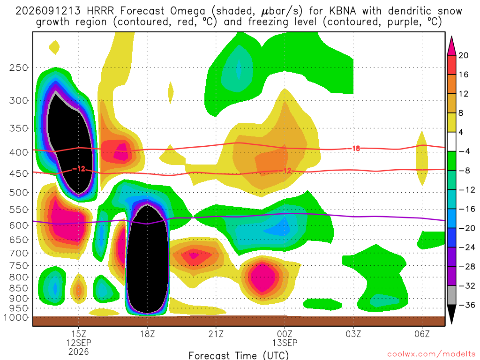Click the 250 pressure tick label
click(x=18, y=67)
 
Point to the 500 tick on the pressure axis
click(x=18, y=193)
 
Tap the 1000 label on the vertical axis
click(x=15, y=317)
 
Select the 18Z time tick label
click(x=147, y=334)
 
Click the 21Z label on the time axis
click(x=216, y=334)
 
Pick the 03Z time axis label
click(x=353, y=334)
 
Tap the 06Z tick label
click(x=422, y=334)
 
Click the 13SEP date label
click(x=285, y=343)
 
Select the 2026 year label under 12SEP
click(x=79, y=352)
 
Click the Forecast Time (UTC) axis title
click(x=239, y=355)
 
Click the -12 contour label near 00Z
click(x=285, y=171)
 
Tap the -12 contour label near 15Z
click(x=79, y=169)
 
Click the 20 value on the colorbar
click(x=463, y=55)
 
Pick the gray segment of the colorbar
click(x=451, y=295)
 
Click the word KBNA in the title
click(x=343, y=11)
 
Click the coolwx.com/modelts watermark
click(x=431, y=354)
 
